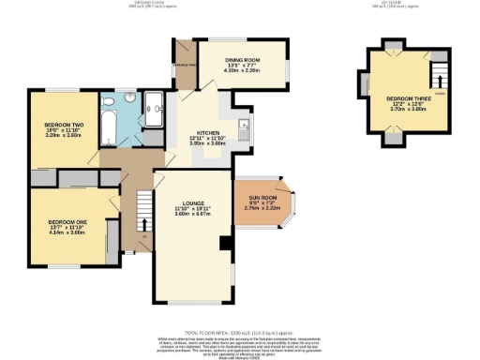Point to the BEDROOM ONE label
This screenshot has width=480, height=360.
click(67, 221)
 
